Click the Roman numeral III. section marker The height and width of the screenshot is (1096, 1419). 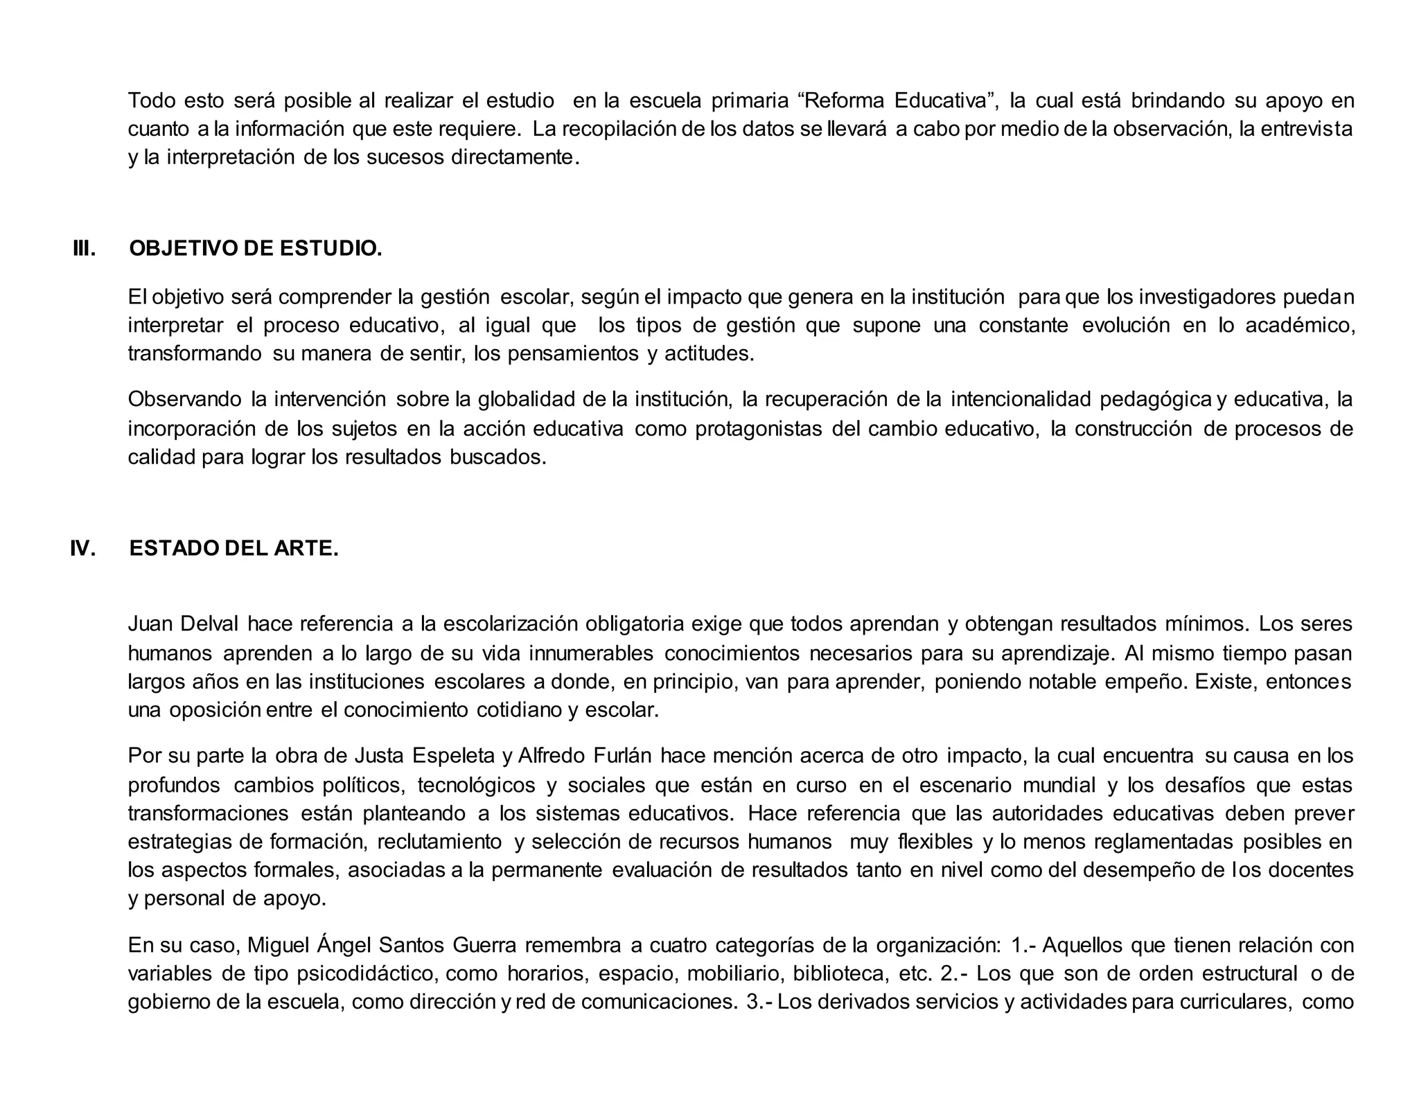pyautogui.click(x=84, y=249)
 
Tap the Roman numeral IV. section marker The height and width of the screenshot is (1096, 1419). pyautogui.click(x=83, y=549)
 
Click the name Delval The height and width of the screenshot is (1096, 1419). pyautogui.click(x=209, y=624)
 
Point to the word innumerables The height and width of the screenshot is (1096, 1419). pyautogui.click(x=591, y=653)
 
